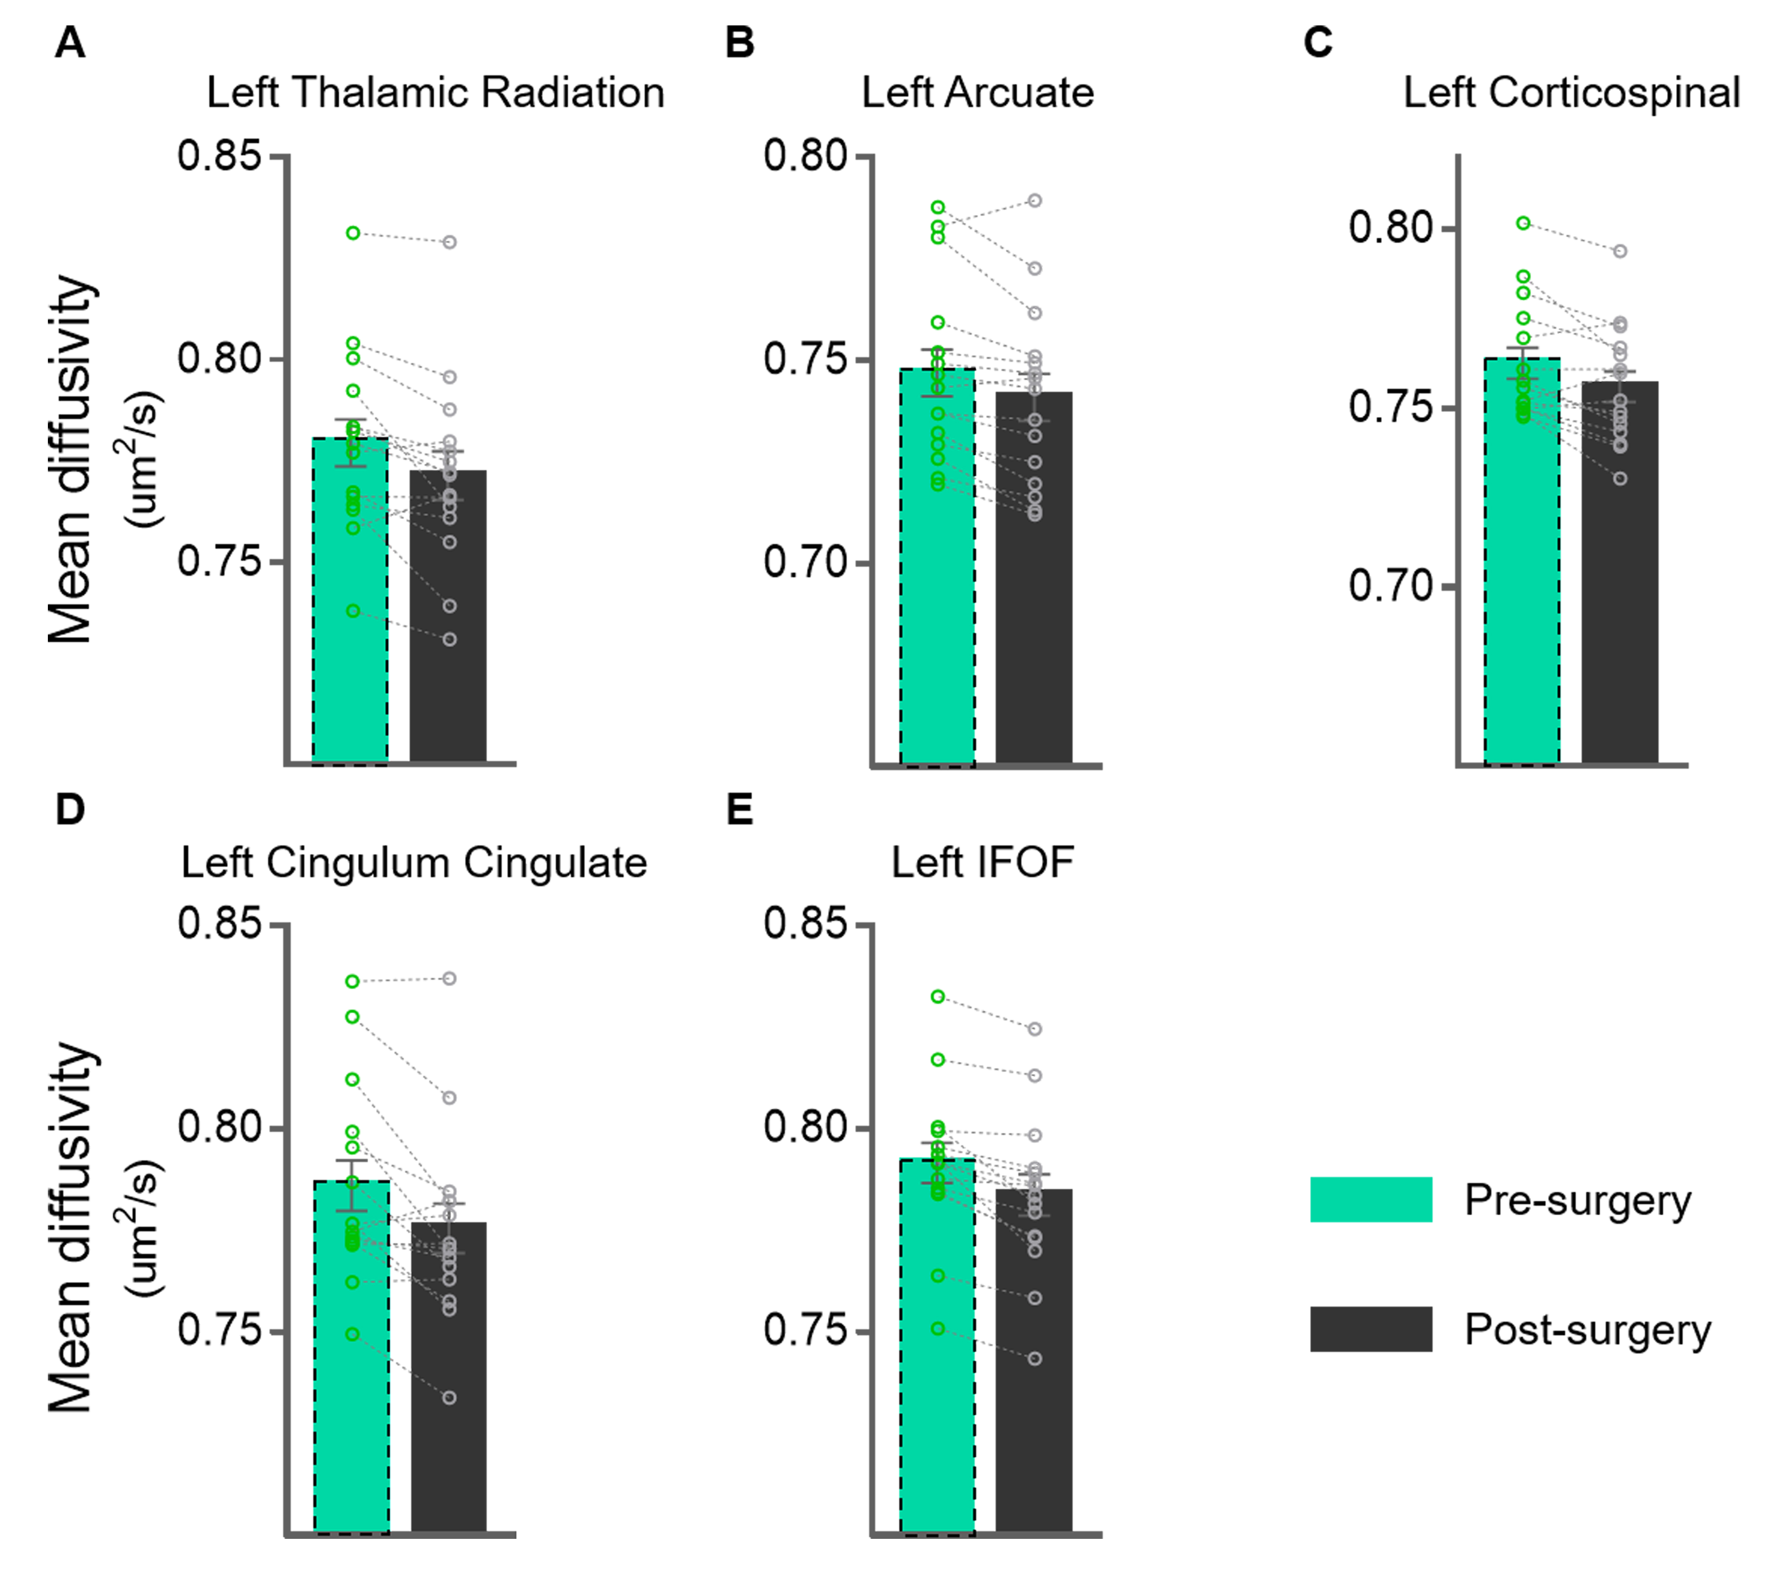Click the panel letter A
(70, 42)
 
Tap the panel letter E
(739, 810)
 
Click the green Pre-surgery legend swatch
(1370, 1199)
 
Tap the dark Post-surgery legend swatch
(1370, 1329)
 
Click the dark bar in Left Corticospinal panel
(1619, 578)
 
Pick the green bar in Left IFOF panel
(937, 1348)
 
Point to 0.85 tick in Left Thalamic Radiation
(219, 156)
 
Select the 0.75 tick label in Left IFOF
(805, 1331)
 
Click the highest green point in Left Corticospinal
(1523, 223)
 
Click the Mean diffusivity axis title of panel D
(70, 1225)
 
